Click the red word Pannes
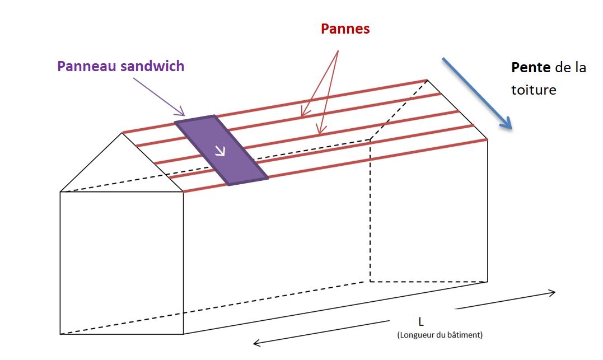click(345, 29)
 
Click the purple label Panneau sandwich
click(120, 66)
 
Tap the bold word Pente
click(530, 68)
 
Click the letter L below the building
click(420, 322)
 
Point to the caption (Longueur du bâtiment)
click(439, 335)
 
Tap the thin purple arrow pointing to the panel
click(160, 96)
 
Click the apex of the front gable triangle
click(123, 133)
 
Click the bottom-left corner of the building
click(60, 334)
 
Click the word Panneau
click(86, 66)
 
